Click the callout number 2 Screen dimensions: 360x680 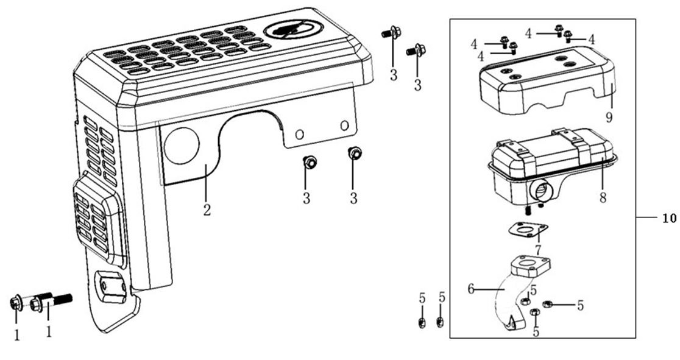(207, 210)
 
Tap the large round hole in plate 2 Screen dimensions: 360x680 (182, 146)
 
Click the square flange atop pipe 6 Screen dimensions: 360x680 (531, 266)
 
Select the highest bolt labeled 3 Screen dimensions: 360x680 (391, 32)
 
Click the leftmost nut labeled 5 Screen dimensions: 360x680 (422, 322)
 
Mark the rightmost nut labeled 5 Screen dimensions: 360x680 (547, 304)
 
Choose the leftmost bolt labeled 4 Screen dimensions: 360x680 (504, 41)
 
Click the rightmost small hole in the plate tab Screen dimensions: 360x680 (344, 126)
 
